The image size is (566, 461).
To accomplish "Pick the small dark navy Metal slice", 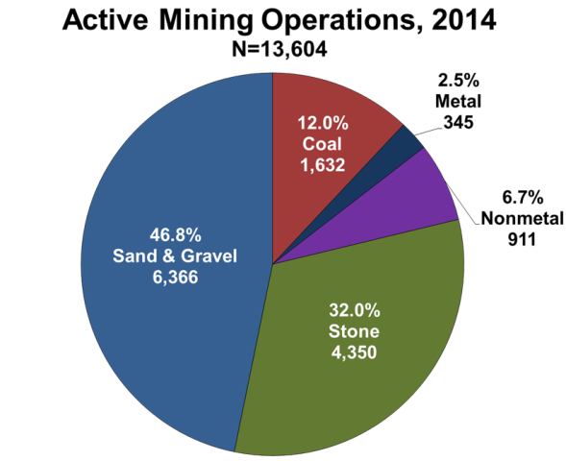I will pyautogui.click(x=407, y=141).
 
